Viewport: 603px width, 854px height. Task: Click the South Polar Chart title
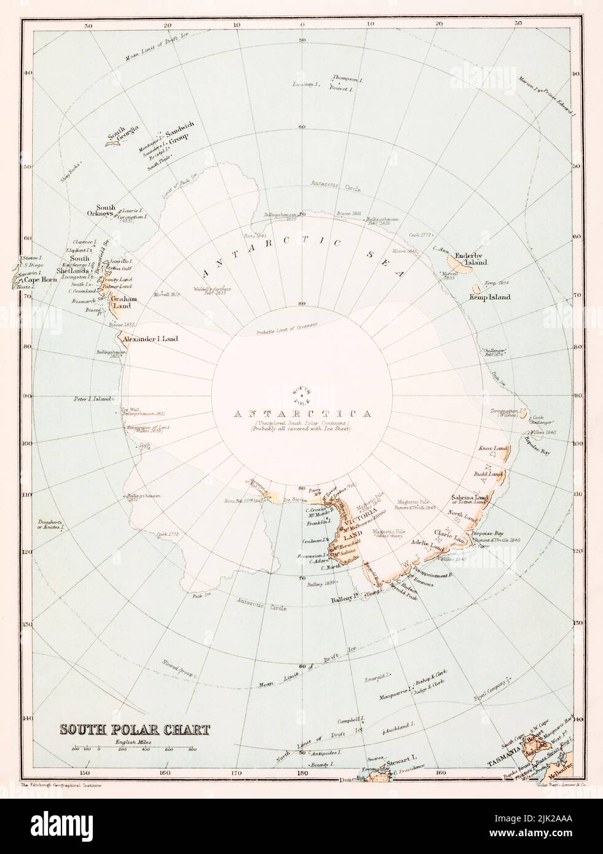pyautogui.click(x=134, y=730)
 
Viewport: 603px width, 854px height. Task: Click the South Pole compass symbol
pyautogui.click(x=302, y=393)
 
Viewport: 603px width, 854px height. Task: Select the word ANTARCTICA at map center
pyautogui.click(x=302, y=413)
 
